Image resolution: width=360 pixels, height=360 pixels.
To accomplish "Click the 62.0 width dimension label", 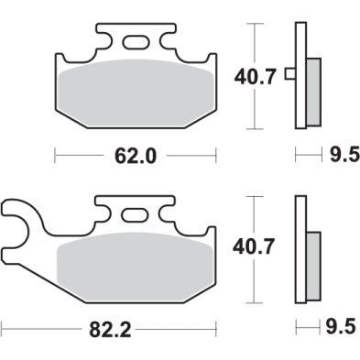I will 136,155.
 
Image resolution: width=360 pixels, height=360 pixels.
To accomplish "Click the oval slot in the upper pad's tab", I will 136,40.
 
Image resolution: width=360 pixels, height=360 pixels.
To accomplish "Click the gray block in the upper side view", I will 312,91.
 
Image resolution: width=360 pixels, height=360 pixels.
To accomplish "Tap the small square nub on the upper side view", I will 289,74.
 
